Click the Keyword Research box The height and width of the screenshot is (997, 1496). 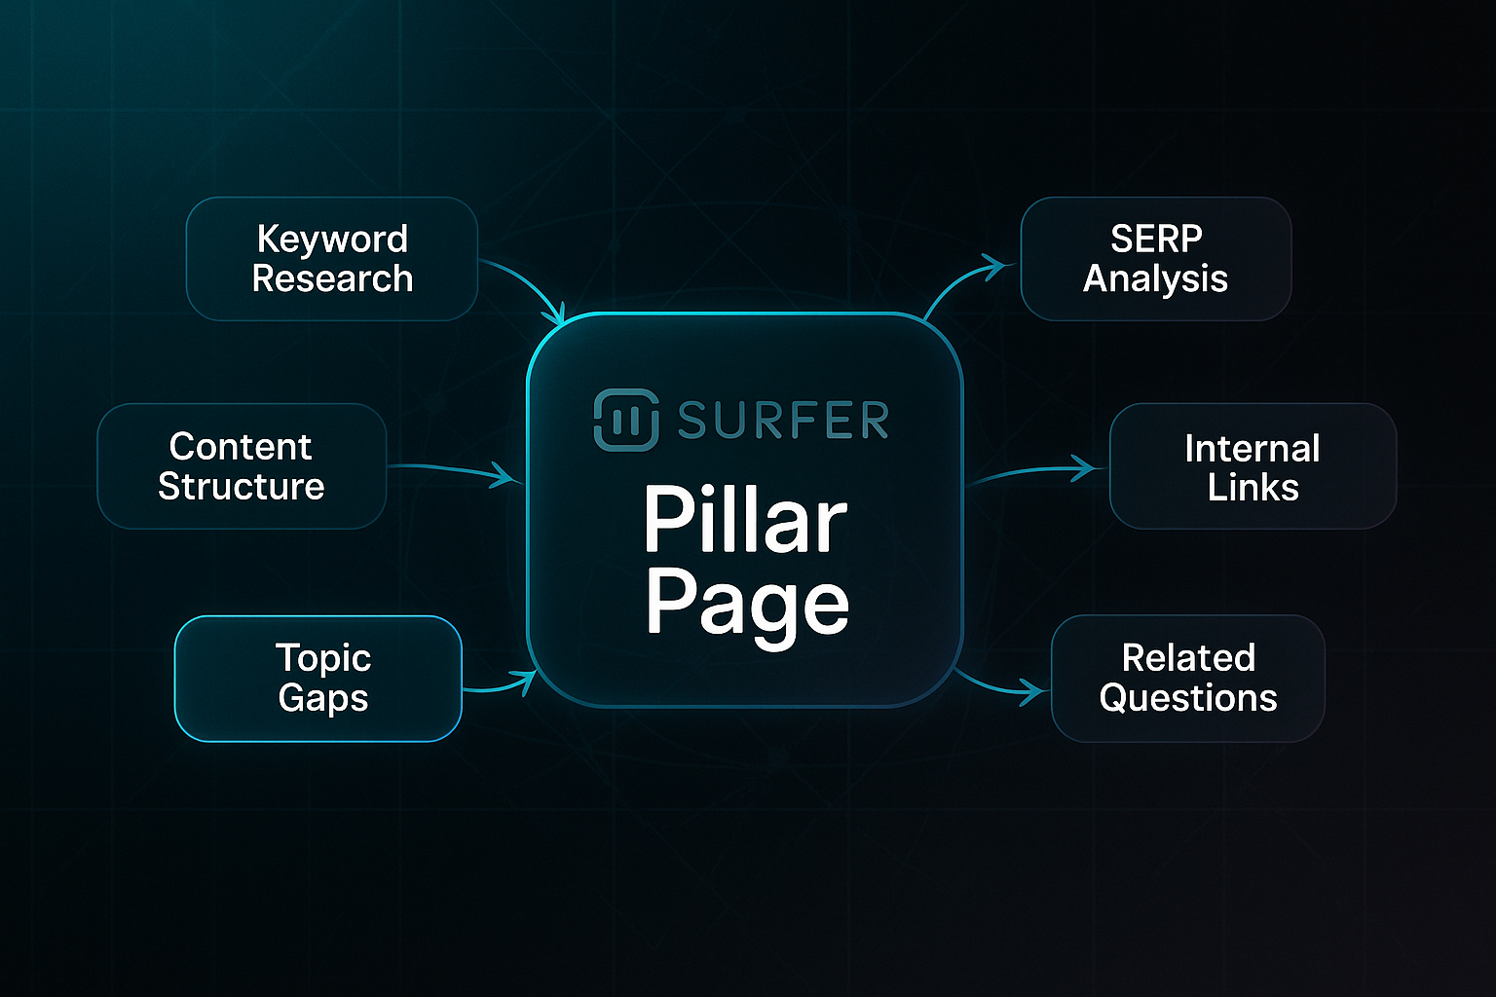(331, 259)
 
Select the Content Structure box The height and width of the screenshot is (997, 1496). (242, 466)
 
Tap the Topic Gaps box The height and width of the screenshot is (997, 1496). (318, 679)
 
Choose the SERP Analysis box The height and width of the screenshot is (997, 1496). (1155, 259)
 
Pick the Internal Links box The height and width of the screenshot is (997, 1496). (1253, 467)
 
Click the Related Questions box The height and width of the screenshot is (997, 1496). (1187, 679)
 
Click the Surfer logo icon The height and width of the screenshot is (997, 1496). (625, 420)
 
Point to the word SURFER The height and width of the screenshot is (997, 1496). (783, 421)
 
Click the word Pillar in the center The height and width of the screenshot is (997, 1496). (745, 521)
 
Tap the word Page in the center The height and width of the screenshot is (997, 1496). (747, 604)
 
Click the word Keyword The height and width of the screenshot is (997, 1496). (332, 240)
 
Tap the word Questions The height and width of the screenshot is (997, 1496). (1187, 698)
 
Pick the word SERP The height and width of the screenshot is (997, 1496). (1156, 239)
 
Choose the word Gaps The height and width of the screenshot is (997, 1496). (322, 698)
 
